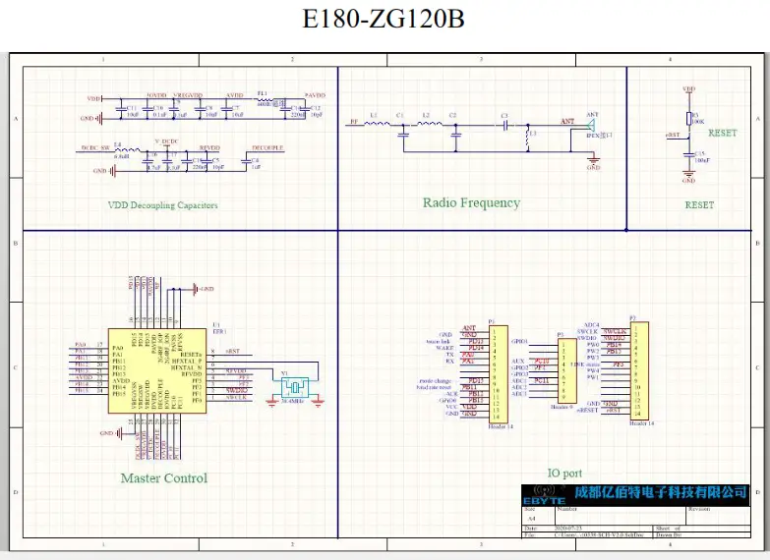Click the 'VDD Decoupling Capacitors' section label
(x=163, y=205)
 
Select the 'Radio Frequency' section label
(x=471, y=202)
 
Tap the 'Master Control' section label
(x=163, y=478)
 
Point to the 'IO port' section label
(x=563, y=473)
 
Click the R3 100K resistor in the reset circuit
(x=688, y=118)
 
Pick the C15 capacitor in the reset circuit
(x=688, y=157)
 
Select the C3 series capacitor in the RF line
(x=504, y=125)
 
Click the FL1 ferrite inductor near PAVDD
(x=262, y=99)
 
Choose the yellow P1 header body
(x=498, y=374)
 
